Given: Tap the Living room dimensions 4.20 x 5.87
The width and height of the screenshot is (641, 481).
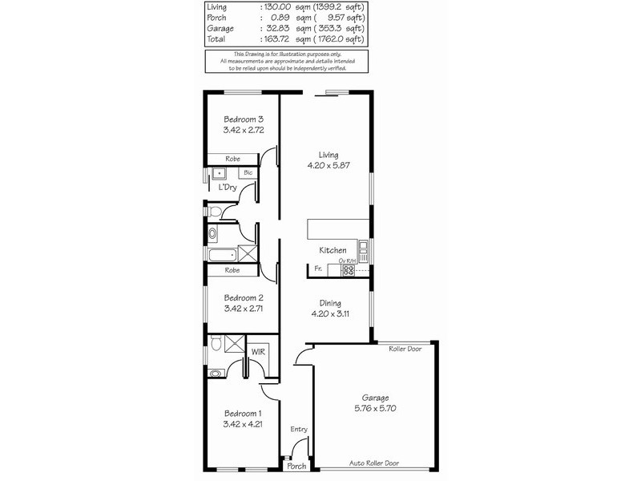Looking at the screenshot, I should pyautogui.click(x=328, y=166).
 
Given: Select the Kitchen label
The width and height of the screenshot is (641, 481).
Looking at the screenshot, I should pyautogui.click(x=333, y=250).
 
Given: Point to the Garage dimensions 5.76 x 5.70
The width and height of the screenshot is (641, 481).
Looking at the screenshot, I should pyautogui.click(x=375, y=408).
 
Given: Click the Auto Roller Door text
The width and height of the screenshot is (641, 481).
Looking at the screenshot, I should pyautogui.click(x=375, y=463).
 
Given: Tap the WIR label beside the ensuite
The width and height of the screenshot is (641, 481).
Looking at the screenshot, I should pyautogui.click(x=258, y=351).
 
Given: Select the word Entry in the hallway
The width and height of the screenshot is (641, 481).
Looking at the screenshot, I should pyautogui.click(x=299, y=430).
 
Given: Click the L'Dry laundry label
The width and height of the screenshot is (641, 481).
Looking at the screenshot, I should pyautogui.click(x=228, y=187).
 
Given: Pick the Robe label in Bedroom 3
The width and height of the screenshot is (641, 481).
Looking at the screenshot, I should pyautogui.click(x=232, y=159).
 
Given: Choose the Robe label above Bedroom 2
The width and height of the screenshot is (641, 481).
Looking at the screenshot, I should pyautogui.click(x=232, y=270).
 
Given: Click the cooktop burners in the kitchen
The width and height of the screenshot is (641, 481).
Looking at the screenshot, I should pyautogui.click(x=348, y=270).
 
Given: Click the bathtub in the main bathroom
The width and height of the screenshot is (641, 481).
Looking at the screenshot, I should pyautogui.click(x=221, y=256).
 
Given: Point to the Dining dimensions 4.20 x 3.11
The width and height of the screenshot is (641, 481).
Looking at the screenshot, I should pyautogui.click(x=328, y=314).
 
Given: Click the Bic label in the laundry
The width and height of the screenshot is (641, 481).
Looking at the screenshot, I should pyautogui.click(x=248, y=172).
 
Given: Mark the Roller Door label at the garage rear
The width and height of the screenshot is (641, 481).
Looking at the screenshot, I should pyautogui.click(x=406, y=350).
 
